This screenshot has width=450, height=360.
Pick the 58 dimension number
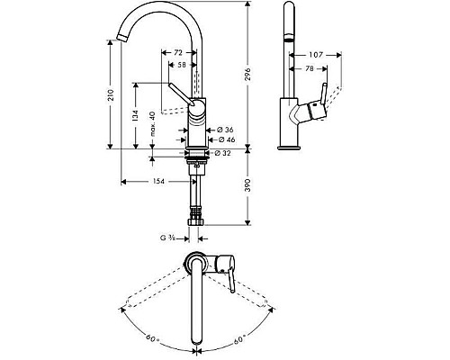click(x=182, y=67)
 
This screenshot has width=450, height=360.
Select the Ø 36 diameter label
click(x=228, y=130)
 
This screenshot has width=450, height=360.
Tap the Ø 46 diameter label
click(x=228, y=140)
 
